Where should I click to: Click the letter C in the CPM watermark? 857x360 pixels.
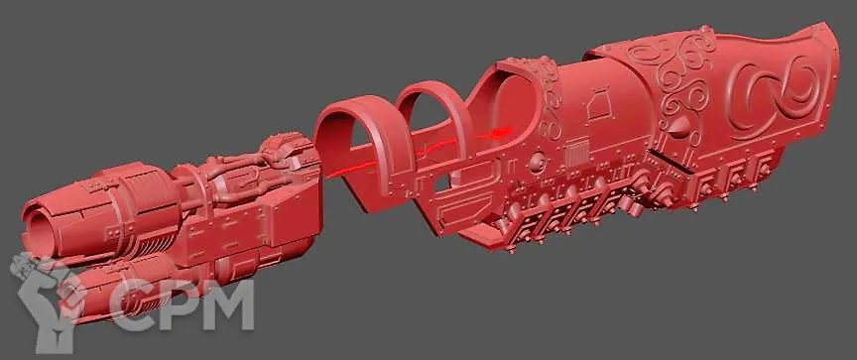131,304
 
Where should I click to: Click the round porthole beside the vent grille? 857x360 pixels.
537,160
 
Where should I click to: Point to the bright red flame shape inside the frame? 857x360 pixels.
499,132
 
